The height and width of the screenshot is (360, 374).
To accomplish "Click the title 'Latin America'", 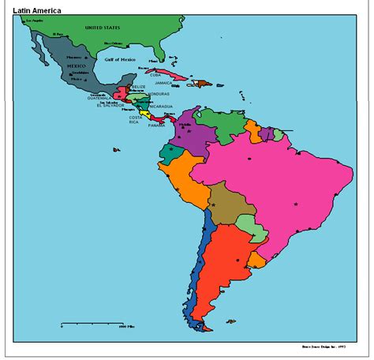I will pyautogui.click(x=36, y=9).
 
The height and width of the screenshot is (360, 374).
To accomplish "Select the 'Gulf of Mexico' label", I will pyautogui.click(x=122, y=59).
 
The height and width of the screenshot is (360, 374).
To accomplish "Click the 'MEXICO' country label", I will pyautogui.click(x=76, y=66).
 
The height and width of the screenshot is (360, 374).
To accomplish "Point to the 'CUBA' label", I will pyautogui.click(x=155, y=74).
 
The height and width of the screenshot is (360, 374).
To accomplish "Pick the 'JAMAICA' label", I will pyautogui.click(x=163, y=82).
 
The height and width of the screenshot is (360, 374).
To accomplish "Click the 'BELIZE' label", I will pyautogui.click(x=139, y=86).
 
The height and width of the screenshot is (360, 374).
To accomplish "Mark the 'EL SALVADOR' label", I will pyautogui.click(x=110, y=105).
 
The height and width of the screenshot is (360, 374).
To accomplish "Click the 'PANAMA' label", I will pyautogui.click(x=156, y=125).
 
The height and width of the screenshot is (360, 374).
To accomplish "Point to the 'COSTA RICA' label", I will pyautogui.click(x=139, y=120).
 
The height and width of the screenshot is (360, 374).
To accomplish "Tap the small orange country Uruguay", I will pyautogui.click(x=258, y=258).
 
